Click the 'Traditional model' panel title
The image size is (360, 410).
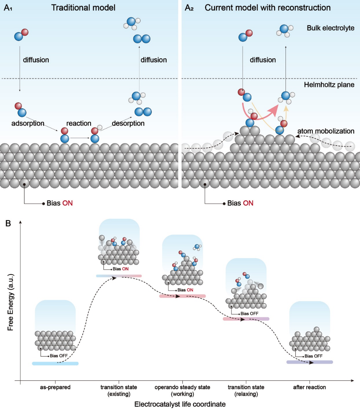point(83,8)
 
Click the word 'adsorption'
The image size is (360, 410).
point(28,123)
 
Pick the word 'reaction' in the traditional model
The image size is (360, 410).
point(79,123)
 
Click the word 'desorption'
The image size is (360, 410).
point(128,123)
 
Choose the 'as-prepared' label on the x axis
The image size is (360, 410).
point(55,387)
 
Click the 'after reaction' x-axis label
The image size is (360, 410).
point(310,387)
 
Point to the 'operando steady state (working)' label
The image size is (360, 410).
point(182,390)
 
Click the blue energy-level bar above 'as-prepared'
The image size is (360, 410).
point(55,363)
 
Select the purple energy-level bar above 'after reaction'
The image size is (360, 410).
point(309,362)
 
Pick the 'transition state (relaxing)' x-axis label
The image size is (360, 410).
point(246,390)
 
